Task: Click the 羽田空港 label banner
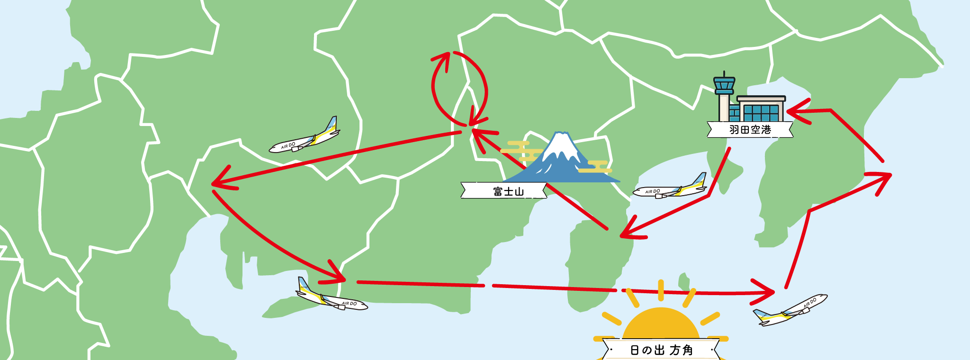click(750, 130)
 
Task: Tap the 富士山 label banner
click(504, 191)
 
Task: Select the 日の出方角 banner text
click(661, 351)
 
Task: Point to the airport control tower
click(724, 95)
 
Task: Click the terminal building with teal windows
click(761, 109)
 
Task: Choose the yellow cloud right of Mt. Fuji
click(595, 166)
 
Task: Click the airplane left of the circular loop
click(305, 137)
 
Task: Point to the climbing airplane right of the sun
click(790, 310)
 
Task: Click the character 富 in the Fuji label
click(498, 191)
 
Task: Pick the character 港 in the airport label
click(767, 130)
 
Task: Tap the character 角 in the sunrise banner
click(687, 351)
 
